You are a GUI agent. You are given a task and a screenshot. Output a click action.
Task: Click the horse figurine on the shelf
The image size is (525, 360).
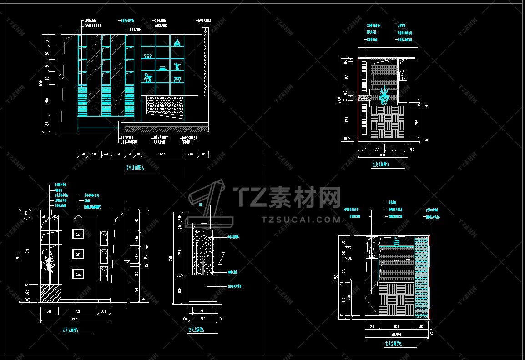point(147,78)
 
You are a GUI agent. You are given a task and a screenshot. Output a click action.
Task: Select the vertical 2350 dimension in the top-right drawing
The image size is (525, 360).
point(338,100)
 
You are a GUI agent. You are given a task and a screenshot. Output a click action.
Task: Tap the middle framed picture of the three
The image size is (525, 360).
point(78,254)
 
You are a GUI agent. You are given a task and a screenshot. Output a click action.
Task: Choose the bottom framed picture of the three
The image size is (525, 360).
point(78,273)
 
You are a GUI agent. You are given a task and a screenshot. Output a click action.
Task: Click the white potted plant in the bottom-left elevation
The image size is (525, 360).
point(49,266)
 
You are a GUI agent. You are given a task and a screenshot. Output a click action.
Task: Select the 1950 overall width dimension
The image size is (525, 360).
point(74,319)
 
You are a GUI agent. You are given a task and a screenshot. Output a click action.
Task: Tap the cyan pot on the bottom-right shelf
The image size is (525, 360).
point(396,241)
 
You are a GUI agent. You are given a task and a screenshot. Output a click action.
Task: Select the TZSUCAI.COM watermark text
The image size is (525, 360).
point(301,220)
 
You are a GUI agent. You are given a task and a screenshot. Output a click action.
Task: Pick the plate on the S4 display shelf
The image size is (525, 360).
point(162,69)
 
